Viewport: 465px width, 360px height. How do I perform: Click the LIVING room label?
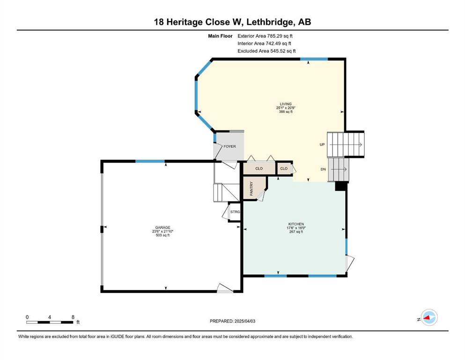(x=286, y=104)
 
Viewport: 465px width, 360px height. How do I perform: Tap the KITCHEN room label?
(x=296, y=224)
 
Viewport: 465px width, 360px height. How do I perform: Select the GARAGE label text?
(x=162, y=228)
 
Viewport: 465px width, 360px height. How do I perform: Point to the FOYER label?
(x=229, y=146)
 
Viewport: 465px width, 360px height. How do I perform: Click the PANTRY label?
(x=251, y=188)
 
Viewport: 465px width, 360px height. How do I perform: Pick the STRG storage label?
(x=235, y=212)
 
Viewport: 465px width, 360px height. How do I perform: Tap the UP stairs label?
(x=322, y=144)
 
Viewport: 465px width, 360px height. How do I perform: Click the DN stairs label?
(x=323, y=169)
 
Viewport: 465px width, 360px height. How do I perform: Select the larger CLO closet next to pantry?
(x=259, y=168)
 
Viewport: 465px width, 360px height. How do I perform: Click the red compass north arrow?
(x=428, y=318)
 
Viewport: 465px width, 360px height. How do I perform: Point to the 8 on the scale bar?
(x=73, y=317)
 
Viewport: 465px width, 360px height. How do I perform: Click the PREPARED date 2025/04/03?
(x=244, y=321)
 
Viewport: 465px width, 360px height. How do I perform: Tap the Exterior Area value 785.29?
(x=274, y=36)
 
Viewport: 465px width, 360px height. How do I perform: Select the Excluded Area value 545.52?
(x=277, y=51)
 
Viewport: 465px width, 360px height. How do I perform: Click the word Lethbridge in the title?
(x=268, y=22)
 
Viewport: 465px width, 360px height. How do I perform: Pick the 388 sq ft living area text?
(x=286, y=112)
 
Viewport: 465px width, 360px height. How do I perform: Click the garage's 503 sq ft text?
(x=162, y=235)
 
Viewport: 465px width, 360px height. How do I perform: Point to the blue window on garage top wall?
(x=150, y=161)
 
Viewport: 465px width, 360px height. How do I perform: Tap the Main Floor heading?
(x=220, y=36)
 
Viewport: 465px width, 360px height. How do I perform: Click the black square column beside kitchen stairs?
(x=341, y=186)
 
